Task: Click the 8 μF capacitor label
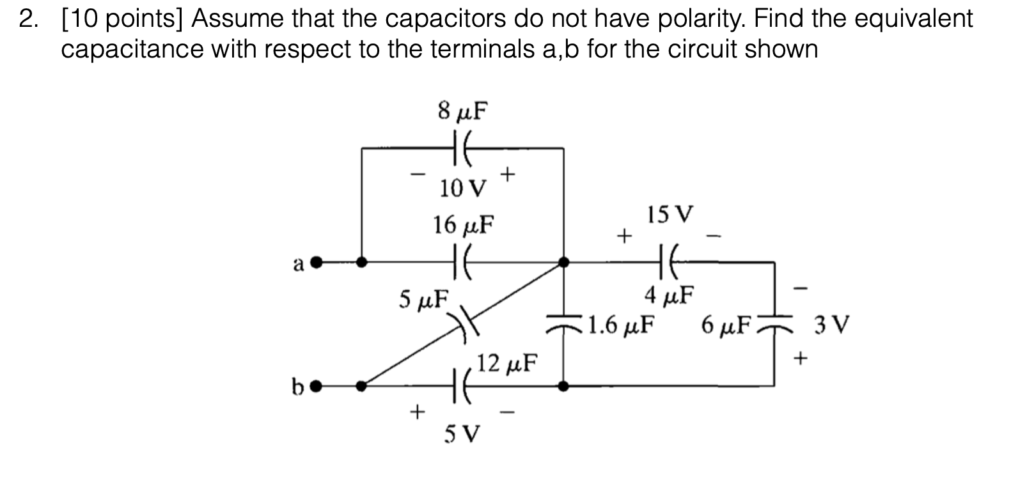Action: coord(462,111)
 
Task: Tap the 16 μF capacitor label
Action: coord(462,225)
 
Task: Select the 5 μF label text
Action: coord(423,299)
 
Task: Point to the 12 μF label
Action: coord(508,363)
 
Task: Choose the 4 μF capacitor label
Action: coord(669,296)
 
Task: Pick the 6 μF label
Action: coord(726,325)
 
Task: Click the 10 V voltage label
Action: coord(462,189)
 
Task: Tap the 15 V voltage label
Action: coord(669,214)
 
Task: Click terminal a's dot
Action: coord(315,261)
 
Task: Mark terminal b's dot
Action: coord(315,386)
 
